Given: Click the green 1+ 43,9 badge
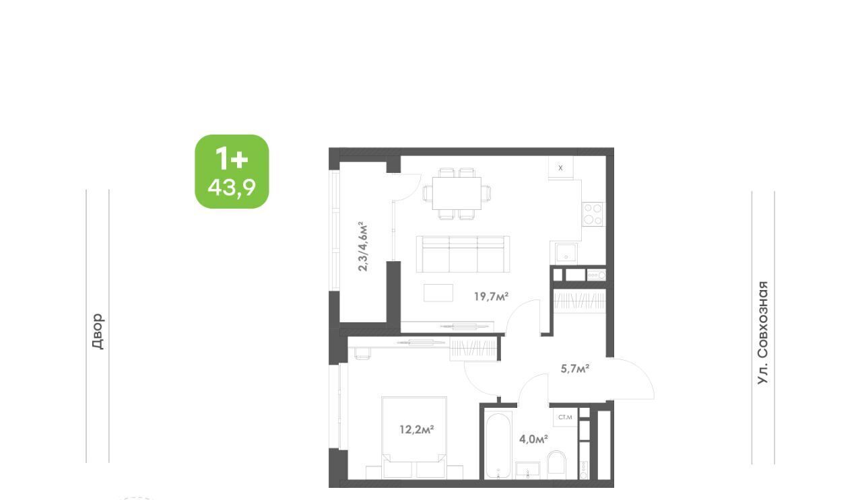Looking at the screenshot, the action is pyautogui.click(x=232, y=172).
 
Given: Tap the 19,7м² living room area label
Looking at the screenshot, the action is pyautogui.click(x=491, y=297).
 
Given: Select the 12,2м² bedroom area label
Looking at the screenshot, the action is pyautogui.click(x=417, y=429).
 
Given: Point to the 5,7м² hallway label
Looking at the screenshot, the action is pyautogui.click(x=575, y=369).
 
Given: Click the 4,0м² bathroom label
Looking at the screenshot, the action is pyautogui.click(x=533, y=439).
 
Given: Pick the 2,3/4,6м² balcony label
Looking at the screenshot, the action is pyautogui.click(x=362, y=246).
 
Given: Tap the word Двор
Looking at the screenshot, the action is pyautogui.click(x=98, y=331).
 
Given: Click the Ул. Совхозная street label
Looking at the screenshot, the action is pyautogui.click(x=762, y=332).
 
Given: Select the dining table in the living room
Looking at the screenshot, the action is pyautogui.click(x=457, y=193).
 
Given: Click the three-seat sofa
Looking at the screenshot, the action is pyautogui.click(x=463, y=254).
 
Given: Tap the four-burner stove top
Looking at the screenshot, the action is pyautogui.click(x=593, y=214).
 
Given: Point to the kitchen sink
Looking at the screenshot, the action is pyautogui.click(x=566, y=253).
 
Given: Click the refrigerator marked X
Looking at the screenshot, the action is pyautogui.click(x=561, y=168).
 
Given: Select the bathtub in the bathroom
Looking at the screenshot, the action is pyautogui.click(x=498, y=446).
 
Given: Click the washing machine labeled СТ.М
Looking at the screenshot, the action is pyautogui.click(x=565, y=417).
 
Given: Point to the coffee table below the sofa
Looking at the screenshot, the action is pyautogui.click(x=438, y=293).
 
